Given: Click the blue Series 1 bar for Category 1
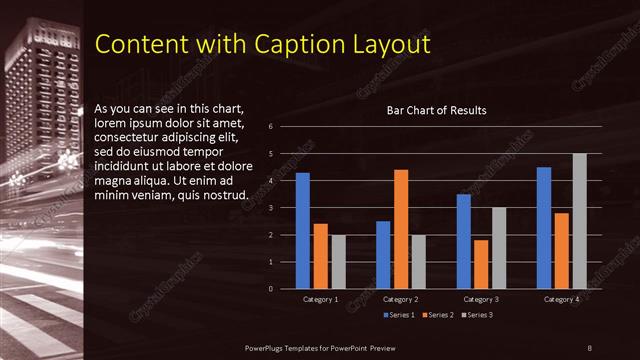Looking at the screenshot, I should pyautogui.click(x=302, y=231).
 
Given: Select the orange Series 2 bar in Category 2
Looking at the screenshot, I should pyautogui.click(x=401, y=229).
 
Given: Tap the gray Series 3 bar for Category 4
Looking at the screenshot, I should pyautogui.click(x=579, y=221).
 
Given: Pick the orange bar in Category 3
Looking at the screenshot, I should pyautogui.click(x=481, y=264).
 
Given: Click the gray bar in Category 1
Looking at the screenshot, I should pyautogui.click(x=338, y=262).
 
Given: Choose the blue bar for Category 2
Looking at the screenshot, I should pyautogui.click(x=383, y=255).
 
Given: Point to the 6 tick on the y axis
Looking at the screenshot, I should pyautogui.click(x=270, y=127).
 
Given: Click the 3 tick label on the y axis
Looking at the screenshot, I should pyautogui.click(x=270, y=208).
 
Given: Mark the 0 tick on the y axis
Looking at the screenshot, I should pyautogui.click(x=270, y=289).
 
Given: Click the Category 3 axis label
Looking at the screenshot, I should pyautogui.click(x=481, y=299).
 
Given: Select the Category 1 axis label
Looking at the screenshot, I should pyautogui.click(x=320, y=299).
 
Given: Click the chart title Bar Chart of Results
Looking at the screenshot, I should pyautogui.click(x=436, y=111).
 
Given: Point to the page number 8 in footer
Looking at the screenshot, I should pyautogui.click(x=590, y=346).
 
